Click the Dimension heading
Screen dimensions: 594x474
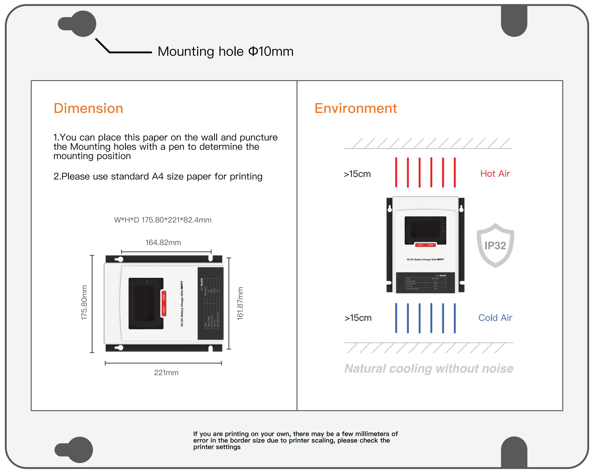88,108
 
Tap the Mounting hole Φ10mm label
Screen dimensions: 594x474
225,52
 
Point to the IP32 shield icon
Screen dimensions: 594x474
495,245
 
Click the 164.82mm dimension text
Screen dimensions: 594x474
163,243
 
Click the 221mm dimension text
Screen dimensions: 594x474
166,372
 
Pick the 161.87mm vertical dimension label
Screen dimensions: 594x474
240,303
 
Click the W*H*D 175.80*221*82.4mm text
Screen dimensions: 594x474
163,220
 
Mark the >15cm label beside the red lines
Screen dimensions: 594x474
357,174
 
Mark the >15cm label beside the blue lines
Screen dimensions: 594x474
358,318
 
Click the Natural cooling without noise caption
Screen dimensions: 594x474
429,368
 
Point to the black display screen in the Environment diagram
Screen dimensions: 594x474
425,230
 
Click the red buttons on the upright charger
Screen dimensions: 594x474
425,245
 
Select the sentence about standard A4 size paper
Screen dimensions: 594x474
158,176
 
